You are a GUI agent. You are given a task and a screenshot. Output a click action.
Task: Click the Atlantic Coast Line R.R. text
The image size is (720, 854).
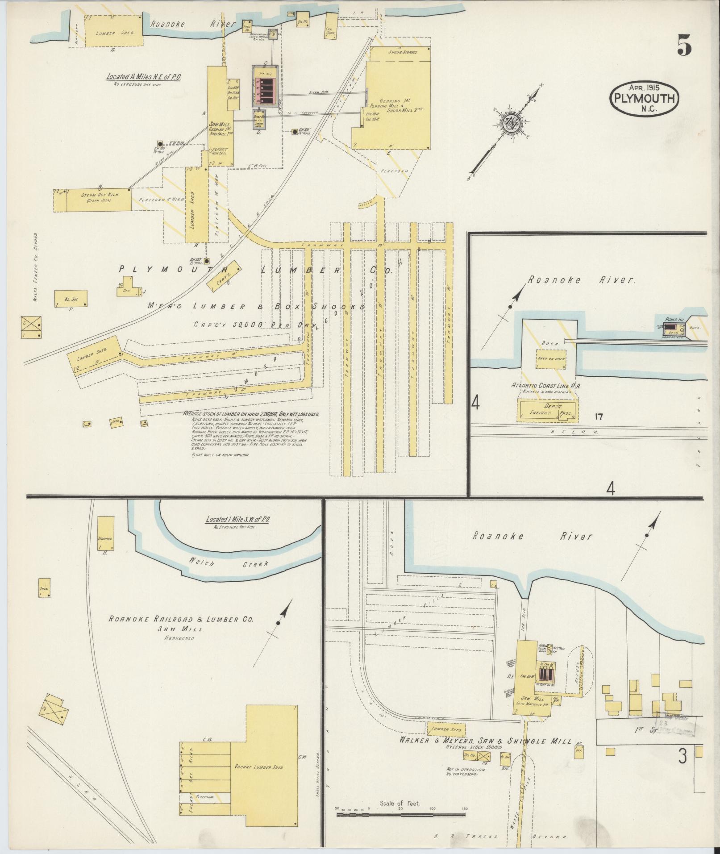[x=547, y=385]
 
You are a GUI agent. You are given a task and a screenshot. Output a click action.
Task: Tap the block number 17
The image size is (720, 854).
[x=599, y=417]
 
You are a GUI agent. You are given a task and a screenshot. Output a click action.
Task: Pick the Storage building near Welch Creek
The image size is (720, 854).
[x=105, y=534]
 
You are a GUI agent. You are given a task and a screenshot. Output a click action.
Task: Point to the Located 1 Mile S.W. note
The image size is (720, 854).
[x=237, y=520]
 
